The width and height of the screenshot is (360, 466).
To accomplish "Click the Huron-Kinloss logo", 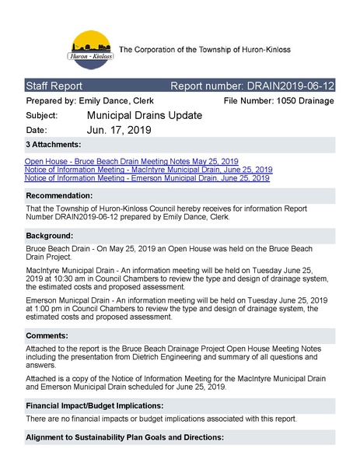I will [x=92, y=51].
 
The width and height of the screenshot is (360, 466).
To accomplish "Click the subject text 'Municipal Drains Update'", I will [x=145, y=116].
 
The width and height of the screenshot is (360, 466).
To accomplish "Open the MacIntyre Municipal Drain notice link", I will [x=149, y=169].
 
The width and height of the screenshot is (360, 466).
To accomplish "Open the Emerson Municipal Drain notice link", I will [x=147, y=177].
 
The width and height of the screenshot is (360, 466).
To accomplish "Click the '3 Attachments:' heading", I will [x=54, y=145].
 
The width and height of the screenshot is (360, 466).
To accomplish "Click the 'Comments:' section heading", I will [x=49, y=335].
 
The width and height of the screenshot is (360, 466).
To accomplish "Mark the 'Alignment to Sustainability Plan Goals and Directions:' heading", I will [x=124, y=437].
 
